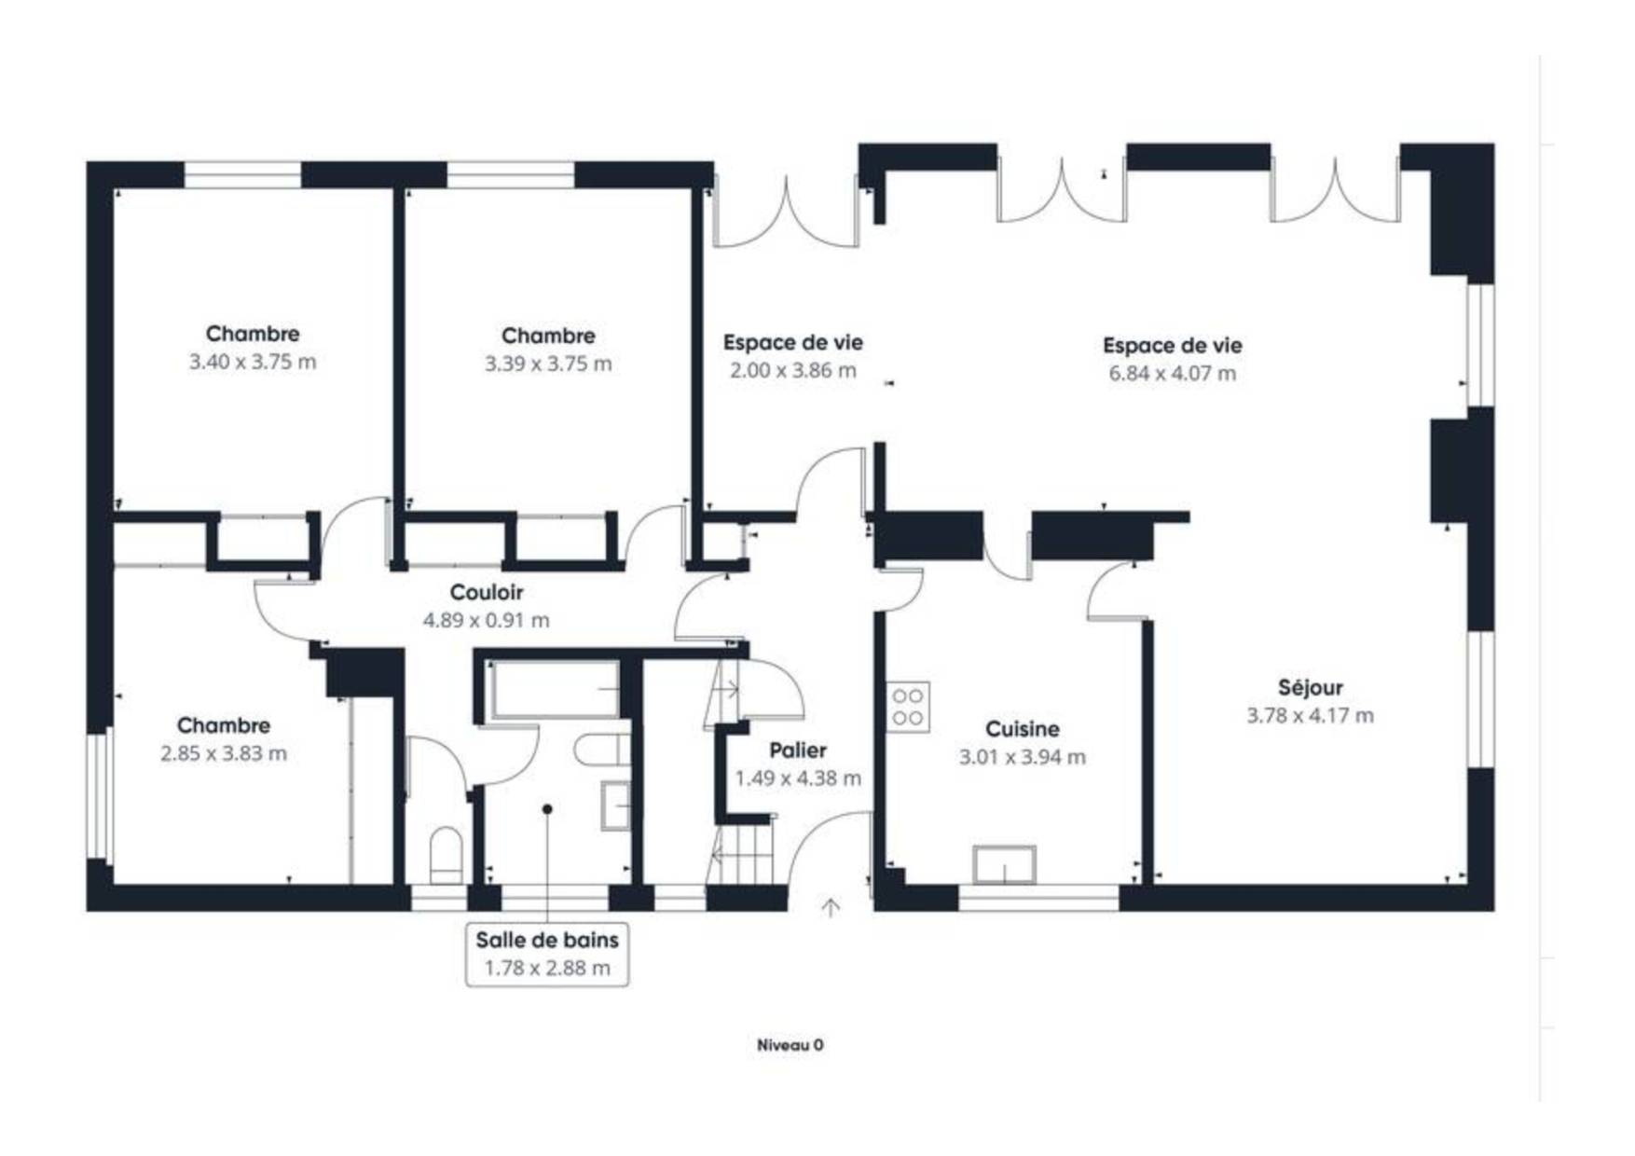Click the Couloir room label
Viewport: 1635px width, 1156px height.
pyautogui.click(x=486, y=592)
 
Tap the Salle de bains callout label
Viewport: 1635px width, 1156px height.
pyautogui.click(x=547, y=940)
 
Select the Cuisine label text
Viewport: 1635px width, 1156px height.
pyautogui.click(x=1023, y=729)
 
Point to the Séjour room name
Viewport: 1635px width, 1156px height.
pyautogui.click(x=1311, y=688)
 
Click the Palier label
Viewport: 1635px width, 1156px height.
pyautogui.click(x=798, y=750)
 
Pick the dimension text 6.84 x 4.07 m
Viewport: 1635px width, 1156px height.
pyautogui.click(x=1173, y=374)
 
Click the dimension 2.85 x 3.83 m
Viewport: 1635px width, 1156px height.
pyautogui.click(x=224, y=753)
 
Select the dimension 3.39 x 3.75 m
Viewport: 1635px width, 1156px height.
pyautogui.click(x=548, y=364)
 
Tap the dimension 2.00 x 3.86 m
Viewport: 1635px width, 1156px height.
pyautogui.click(x=793, y=370)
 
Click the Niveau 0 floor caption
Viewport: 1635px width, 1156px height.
pyautogui.click(x=790, y=1045)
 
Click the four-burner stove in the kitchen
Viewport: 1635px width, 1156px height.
pyautogui.click(x=908, y=707)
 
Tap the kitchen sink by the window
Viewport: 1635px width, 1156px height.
pyautogui.click(x=1005, y=864)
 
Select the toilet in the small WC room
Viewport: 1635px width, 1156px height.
pyautogui.click(x=447, y=854)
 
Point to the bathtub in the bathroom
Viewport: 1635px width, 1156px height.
pyautogui.click(x=555, y=690)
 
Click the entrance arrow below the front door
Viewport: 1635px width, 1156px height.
pyautogui.click(x=831, y=907)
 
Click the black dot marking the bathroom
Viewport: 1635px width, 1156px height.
pyautogui.click(x=547, y=809)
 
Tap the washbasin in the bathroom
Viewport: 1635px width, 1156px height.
pyautogui.click(x=616, y=805)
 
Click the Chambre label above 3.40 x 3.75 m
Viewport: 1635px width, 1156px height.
pyautogui.click(x=253, y=334)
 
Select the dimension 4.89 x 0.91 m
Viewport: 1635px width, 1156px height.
pyautogui.click(x=487, y=620)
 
